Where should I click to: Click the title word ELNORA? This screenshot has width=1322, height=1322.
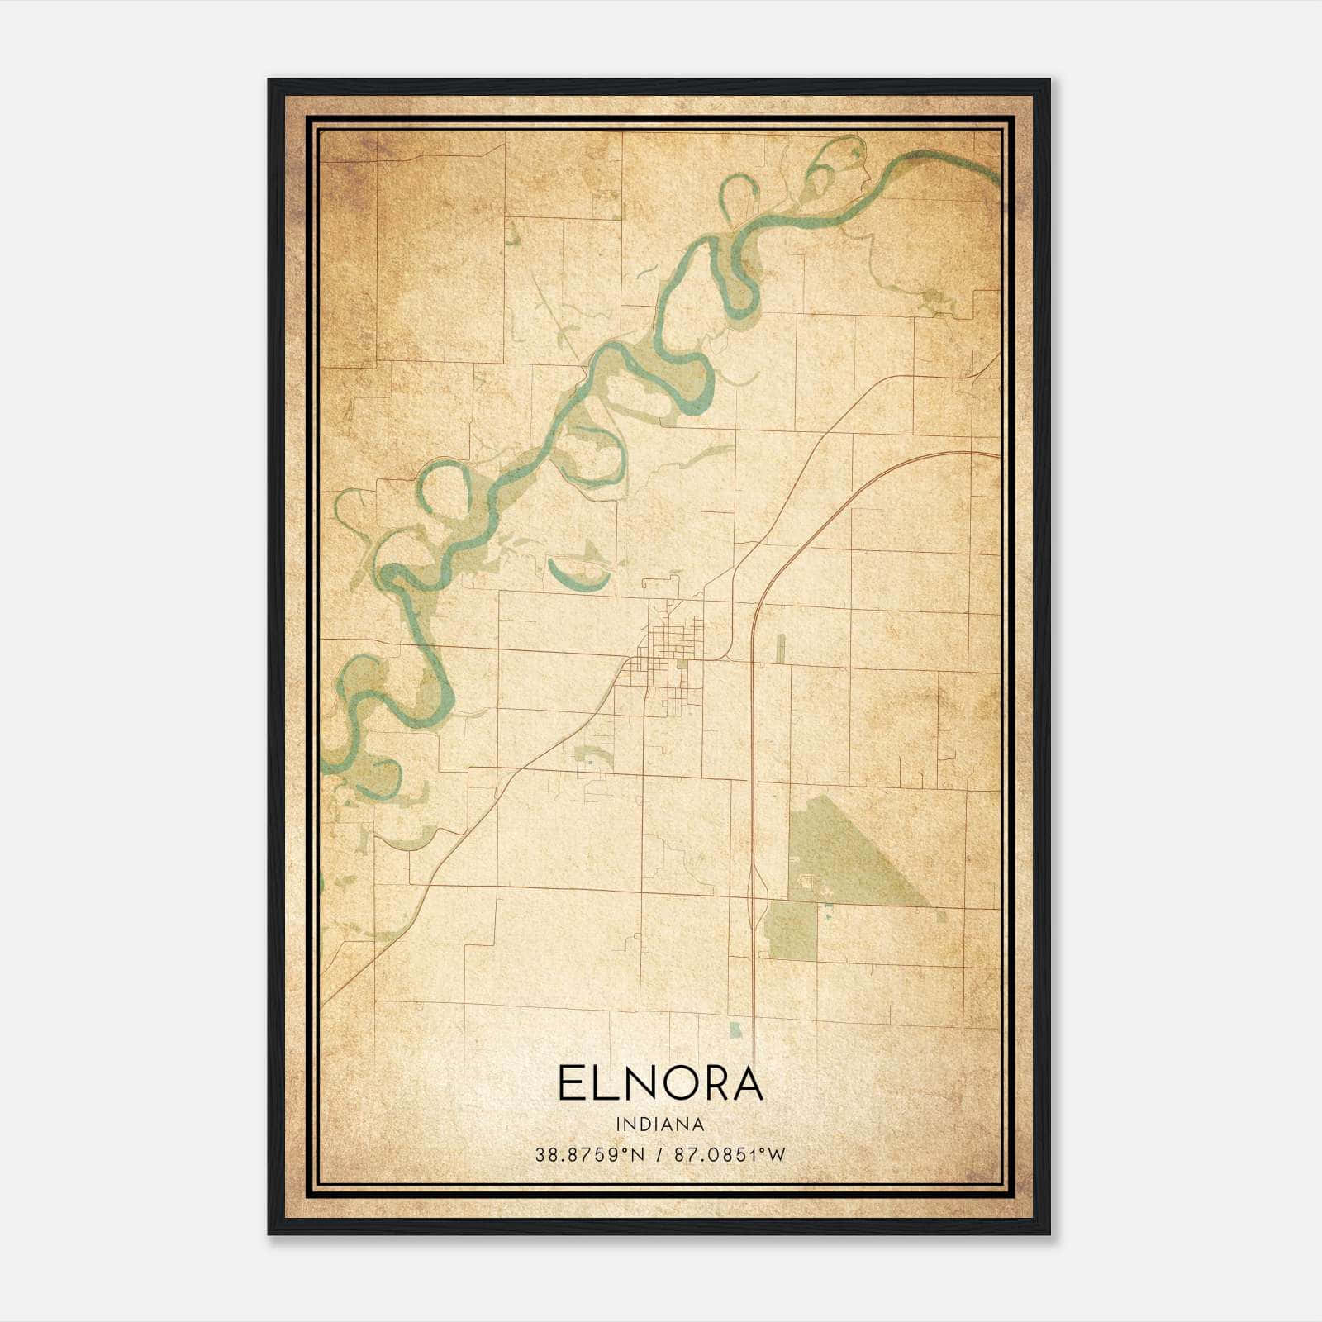pyautogui.click(x=659, y=1084)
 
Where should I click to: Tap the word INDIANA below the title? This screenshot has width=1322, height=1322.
pyautogui.click(x=659, y=1125)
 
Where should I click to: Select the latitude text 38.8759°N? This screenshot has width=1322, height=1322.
pyautogui.click(x=588, y=1154)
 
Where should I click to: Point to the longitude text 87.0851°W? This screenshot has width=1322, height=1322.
pyautogui.click(x=730, y=1154)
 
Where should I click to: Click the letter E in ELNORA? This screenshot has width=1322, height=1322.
pyautogui.click(x=572, y=1084)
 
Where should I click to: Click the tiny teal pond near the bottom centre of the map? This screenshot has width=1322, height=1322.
pyautogui.click(x=735, y=1030)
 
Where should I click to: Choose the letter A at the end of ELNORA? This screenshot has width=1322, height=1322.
pyautogui.click(x=745, y=1084)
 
